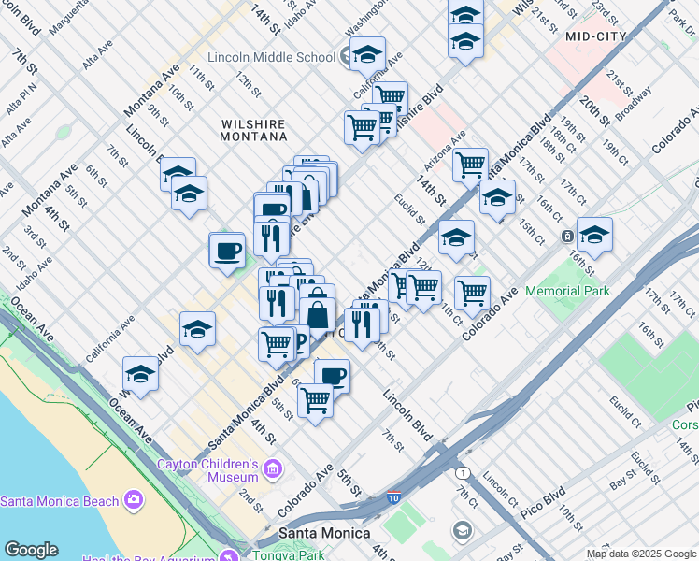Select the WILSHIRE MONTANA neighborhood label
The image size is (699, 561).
tap(254, 129)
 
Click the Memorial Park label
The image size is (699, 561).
tap(567, 291)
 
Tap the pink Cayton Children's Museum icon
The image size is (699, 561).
tap(273, 467)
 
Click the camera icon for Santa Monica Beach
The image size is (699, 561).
tap(134, 500)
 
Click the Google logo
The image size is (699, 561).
tap(31, 550)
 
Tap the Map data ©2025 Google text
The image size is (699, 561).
tap(640, 554)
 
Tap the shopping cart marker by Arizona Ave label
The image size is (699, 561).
tap(471, 165)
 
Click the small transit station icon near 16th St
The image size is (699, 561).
tap(567, 237)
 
